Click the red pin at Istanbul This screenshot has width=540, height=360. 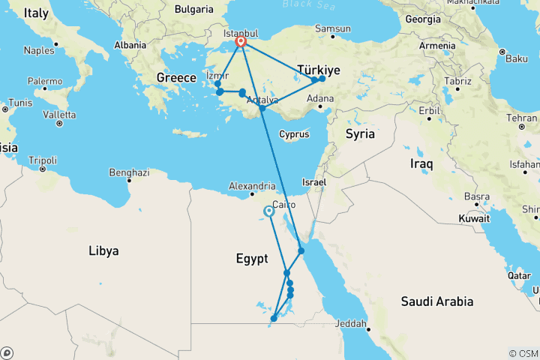[241, 42]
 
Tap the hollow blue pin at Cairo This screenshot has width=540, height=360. [269, 211]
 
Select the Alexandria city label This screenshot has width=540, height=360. [251, 185]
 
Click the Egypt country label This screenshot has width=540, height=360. [252, 259]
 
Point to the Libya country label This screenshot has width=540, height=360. [103, 250]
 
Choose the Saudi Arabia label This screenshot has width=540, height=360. [436, 301]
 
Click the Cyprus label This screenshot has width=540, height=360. [293, 135]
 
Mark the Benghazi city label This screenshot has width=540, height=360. [129, 172]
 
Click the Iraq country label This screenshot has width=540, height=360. [421, 162]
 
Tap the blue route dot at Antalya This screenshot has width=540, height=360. [262, 109]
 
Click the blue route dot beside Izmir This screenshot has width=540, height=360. [217, 83]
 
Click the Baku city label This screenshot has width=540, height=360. [517, 58]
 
